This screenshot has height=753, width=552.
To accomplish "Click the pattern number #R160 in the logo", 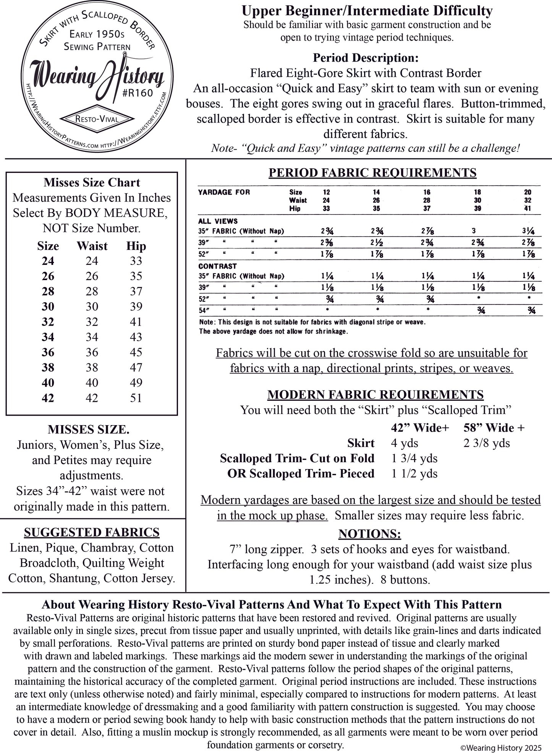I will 138,93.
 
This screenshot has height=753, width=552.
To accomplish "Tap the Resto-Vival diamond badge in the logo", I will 97,119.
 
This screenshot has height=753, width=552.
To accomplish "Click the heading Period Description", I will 366,58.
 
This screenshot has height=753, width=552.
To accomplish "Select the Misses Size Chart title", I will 92,182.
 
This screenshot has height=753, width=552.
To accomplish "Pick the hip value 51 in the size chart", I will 136,398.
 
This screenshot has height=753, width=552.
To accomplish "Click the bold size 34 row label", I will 48,337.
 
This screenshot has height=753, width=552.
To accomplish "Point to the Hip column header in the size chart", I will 136,246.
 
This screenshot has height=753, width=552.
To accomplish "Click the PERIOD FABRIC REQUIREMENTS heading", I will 372,173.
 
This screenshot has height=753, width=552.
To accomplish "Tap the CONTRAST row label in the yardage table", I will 217,266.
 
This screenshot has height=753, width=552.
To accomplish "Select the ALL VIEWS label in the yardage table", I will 218,221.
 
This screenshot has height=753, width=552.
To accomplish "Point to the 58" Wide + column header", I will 494,428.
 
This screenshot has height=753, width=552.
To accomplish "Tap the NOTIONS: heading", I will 369,534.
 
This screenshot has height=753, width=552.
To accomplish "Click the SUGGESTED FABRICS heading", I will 92,532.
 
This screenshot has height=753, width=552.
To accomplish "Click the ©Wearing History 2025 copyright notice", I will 501,748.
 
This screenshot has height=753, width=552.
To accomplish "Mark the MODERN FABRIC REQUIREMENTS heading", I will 376,395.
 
